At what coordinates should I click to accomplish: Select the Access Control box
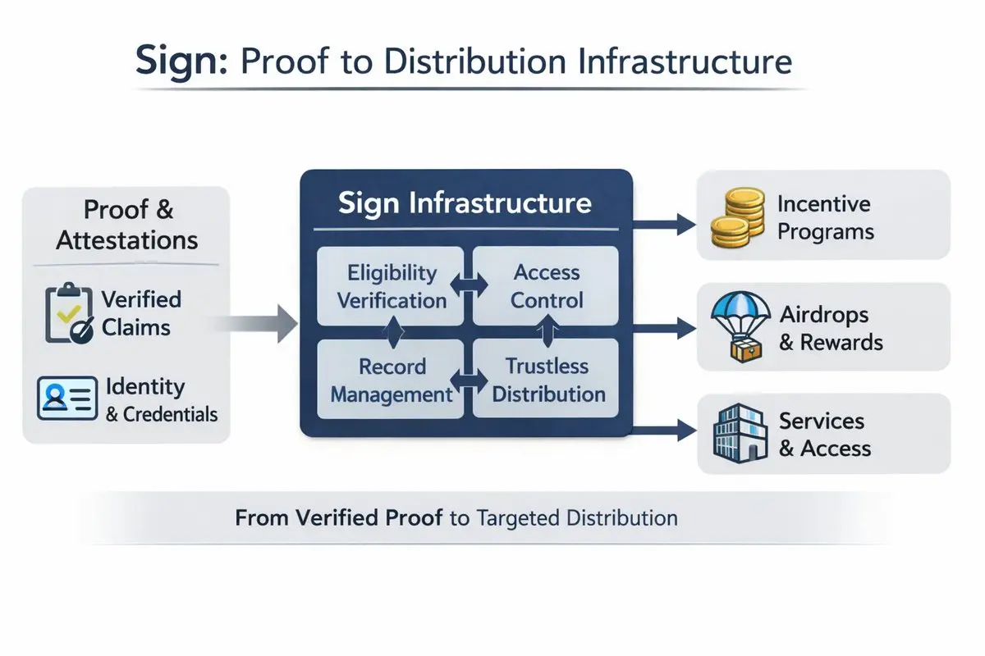coord(546,286)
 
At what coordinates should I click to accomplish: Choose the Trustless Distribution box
coord(546,380)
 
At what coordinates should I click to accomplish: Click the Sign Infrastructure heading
coord(465,203)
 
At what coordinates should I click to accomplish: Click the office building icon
coord(733,435)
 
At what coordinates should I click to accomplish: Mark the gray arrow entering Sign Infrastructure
coord(263,325)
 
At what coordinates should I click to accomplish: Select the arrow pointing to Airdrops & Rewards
coord(665,329)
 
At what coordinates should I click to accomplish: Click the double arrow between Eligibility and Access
coord(465,286)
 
